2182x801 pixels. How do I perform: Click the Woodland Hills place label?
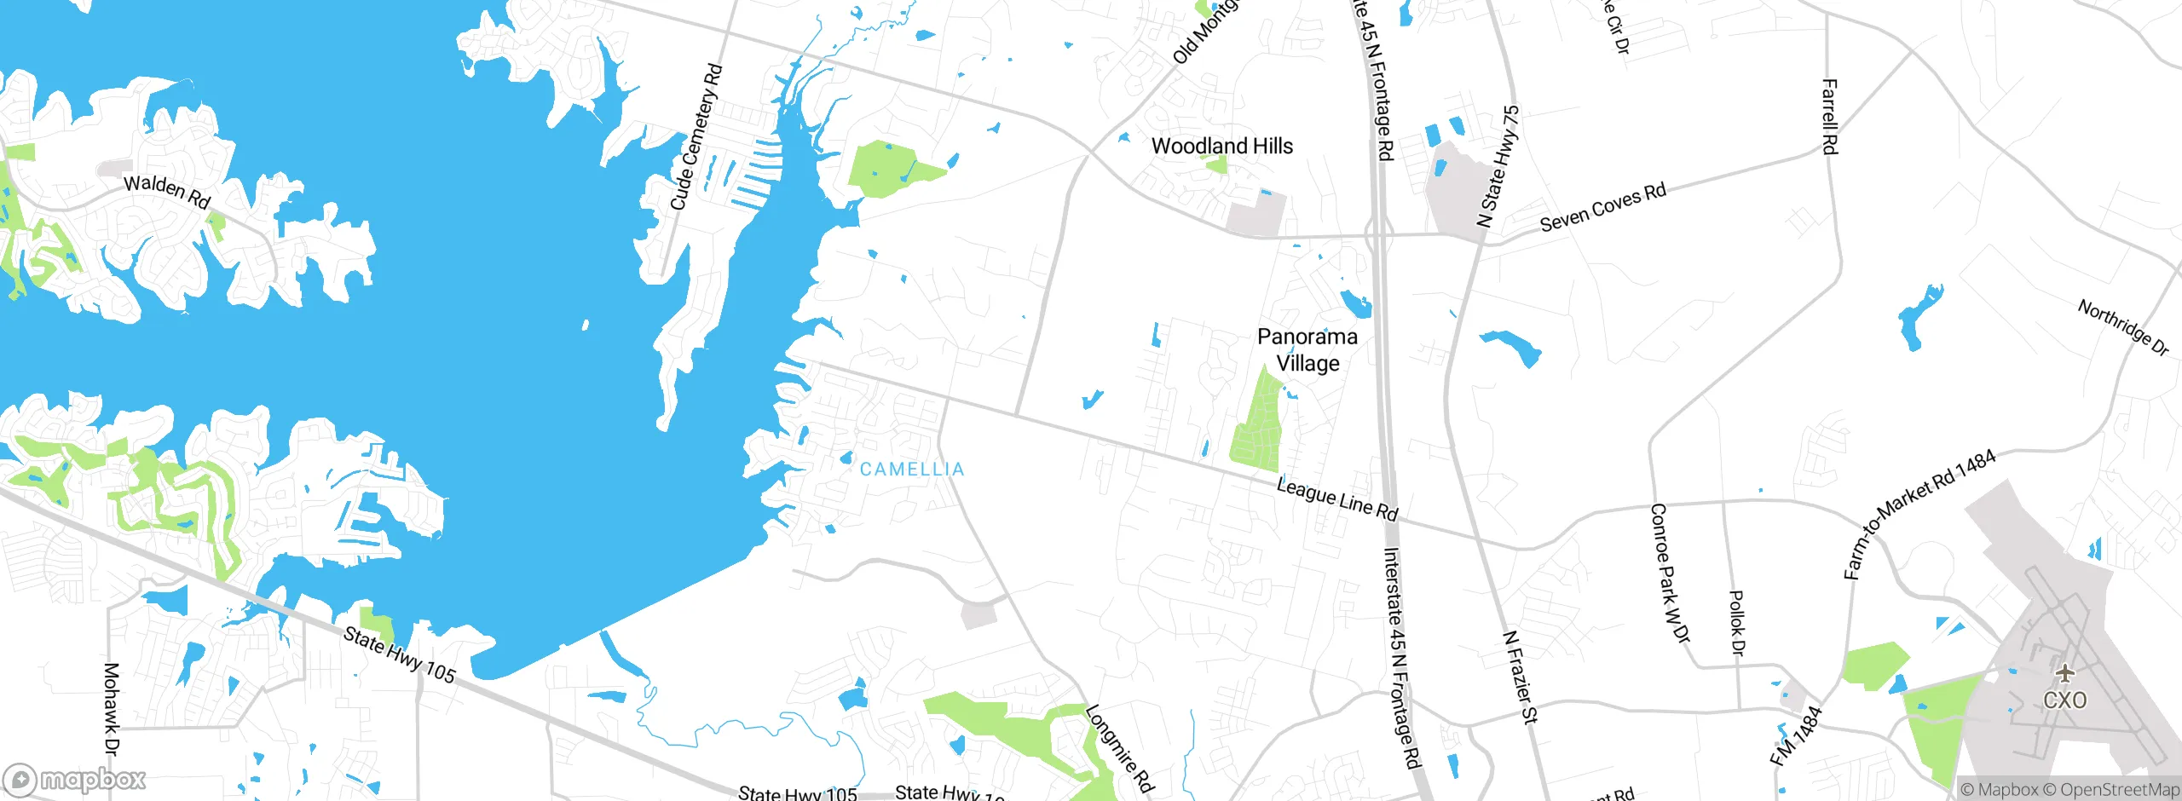1221,147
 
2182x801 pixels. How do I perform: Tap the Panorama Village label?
1307,350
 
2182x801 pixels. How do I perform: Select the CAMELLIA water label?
911,470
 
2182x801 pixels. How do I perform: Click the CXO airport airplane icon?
2064,674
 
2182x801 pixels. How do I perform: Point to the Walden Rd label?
167,191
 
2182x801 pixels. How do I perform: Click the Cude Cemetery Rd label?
696,137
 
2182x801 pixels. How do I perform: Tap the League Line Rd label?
1337,499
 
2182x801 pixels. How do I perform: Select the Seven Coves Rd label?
1602,207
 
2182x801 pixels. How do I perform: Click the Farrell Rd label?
1829,117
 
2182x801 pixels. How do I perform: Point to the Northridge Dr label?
2122,327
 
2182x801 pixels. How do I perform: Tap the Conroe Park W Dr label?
1669,573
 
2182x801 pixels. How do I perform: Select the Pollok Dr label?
1737,623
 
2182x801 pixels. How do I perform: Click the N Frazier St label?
1520,677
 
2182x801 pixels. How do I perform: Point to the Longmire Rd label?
1119,748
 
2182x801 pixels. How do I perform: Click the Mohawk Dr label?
112,709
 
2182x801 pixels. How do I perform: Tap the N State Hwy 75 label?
1498,166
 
